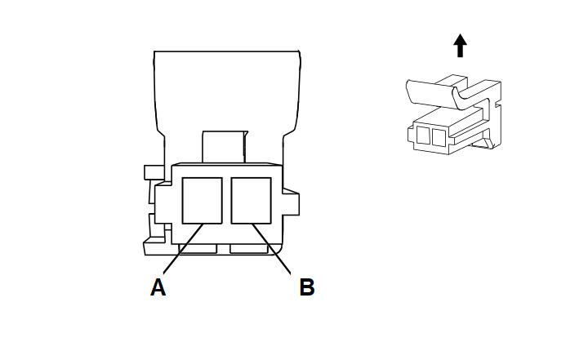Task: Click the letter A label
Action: [158, 287]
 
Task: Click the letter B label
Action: [307, 287]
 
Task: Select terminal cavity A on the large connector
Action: [203, 201]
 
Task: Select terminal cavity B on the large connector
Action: [252, 201]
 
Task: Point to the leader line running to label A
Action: [183, 248]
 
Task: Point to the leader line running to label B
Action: [271, 249]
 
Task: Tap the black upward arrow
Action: [460, 46]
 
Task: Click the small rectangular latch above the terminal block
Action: [225, 147]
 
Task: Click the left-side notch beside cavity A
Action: [163, 203]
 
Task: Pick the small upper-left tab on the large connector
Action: [154, 172]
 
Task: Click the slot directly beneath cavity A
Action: [198, 249]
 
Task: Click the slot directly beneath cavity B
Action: [249, 249]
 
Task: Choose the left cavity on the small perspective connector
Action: [423, 135]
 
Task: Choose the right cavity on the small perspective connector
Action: [439, 138]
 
